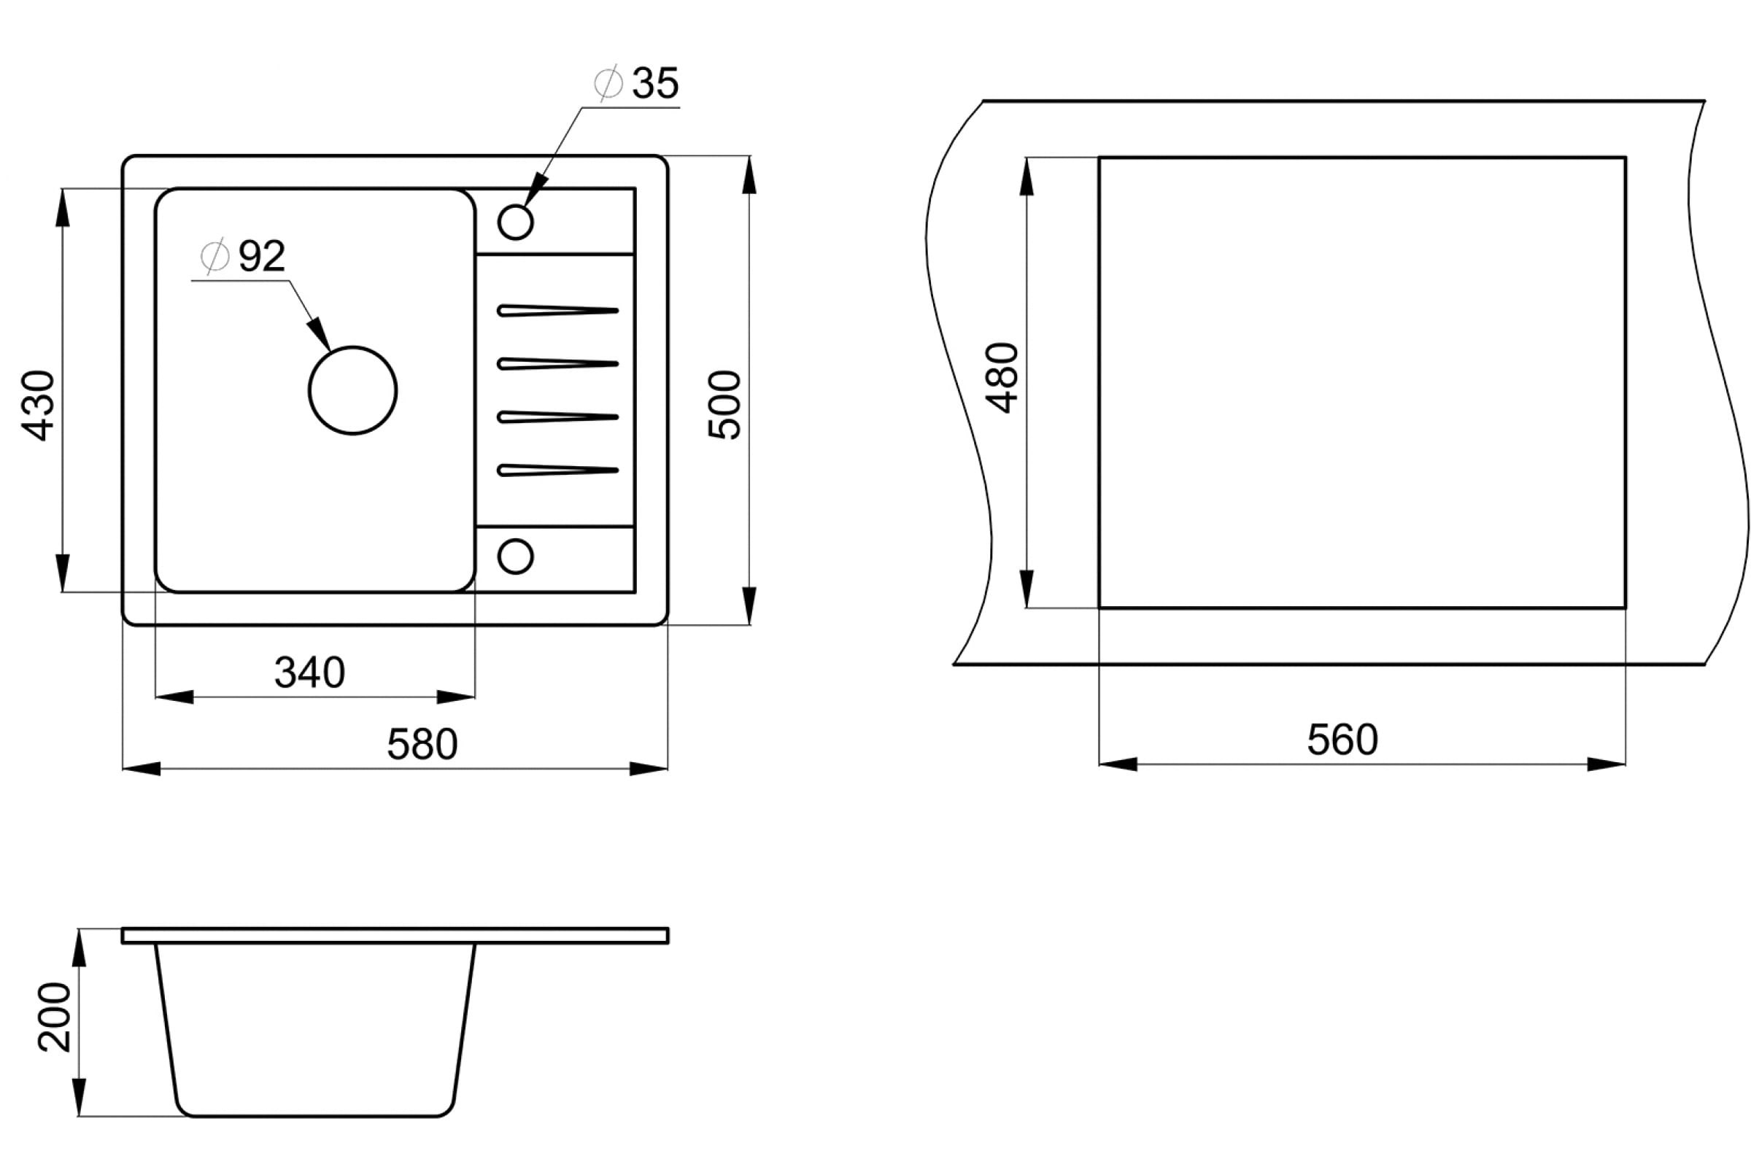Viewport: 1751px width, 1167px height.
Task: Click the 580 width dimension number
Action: click(x=422, y=743)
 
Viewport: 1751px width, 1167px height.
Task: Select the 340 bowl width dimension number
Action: click(x=309, y=672)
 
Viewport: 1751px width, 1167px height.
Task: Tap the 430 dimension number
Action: click(x=38, y=406)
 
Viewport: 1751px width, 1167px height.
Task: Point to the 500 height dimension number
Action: click(x=724, y=405)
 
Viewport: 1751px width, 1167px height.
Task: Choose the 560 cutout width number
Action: click(x=1342, y=739)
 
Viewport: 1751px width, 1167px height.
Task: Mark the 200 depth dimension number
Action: click(x=54, y=1017)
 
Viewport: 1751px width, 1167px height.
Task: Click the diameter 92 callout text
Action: click(x=244, y=256)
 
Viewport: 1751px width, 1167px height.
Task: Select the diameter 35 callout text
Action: click(x=636, y=82)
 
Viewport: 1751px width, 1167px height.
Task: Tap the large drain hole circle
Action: click(x=353, y=347)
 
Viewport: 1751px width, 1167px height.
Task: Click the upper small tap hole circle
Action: click(x=516, y=205)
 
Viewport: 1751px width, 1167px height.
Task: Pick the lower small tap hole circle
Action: click(x=516, y=540)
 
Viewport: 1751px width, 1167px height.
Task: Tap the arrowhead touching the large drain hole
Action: click(x=320, y=333)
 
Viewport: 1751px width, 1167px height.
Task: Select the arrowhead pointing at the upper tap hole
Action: click(x=536, y=189)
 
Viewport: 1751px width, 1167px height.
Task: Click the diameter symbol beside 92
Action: click(x=214, y=256)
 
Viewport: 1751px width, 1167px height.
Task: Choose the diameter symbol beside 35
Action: click(x=608, y=82)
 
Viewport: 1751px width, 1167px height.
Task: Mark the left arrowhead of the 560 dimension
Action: click(x=1118, y=764)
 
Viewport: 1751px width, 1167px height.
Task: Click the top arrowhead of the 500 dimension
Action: click(x=750, y=175)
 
